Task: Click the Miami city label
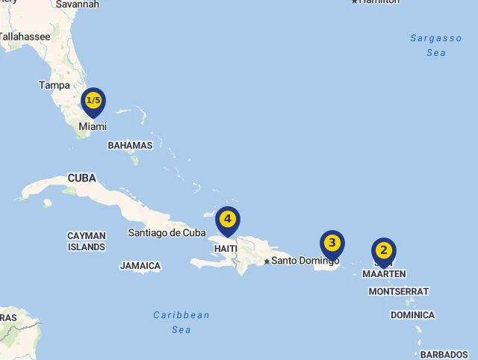click(93, 127)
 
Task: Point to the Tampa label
click(55, 85)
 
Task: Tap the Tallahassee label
click(25, 36)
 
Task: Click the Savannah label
click(78, 4)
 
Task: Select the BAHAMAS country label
click(130, 146)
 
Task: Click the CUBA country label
click(81, 179)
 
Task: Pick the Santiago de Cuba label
click(167, 233)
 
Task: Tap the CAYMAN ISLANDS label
click(87, 241)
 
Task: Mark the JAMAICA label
click(140, 266)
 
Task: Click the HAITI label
click(226, 248)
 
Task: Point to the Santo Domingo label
click(305, 261)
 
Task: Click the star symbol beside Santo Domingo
click(266, 261)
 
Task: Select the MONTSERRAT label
click(399, 291)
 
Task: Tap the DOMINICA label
click(412, 315)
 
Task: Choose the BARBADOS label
click(444, 355)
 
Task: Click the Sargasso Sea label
click(436, 45)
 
